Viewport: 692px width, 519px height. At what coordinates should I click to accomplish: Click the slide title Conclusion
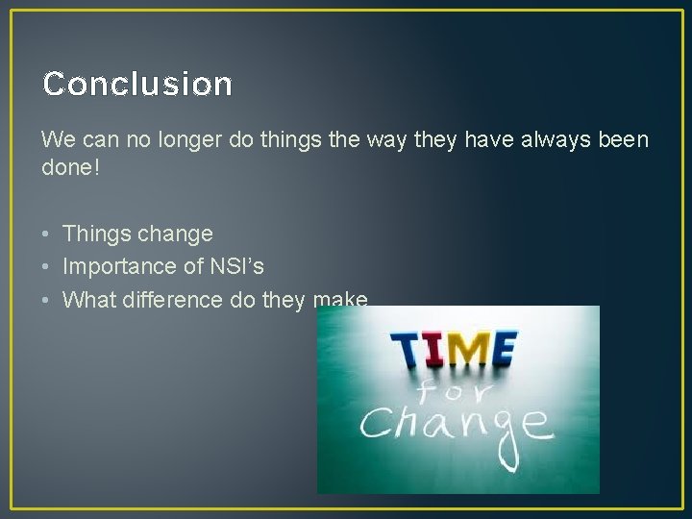(x=137, y=85)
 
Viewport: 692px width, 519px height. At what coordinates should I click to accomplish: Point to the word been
(x=622, y=140)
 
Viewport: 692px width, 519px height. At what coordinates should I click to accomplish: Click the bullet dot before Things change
(x=46, y=234)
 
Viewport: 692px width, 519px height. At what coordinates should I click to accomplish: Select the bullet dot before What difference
(x=46, y=300)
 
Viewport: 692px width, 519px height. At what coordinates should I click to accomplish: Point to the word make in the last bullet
(x=340, y=300)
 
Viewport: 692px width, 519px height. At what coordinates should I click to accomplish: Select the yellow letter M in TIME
(x=466, y=349)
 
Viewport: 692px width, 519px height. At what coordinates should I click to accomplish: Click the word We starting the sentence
(x=56, y=140)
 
